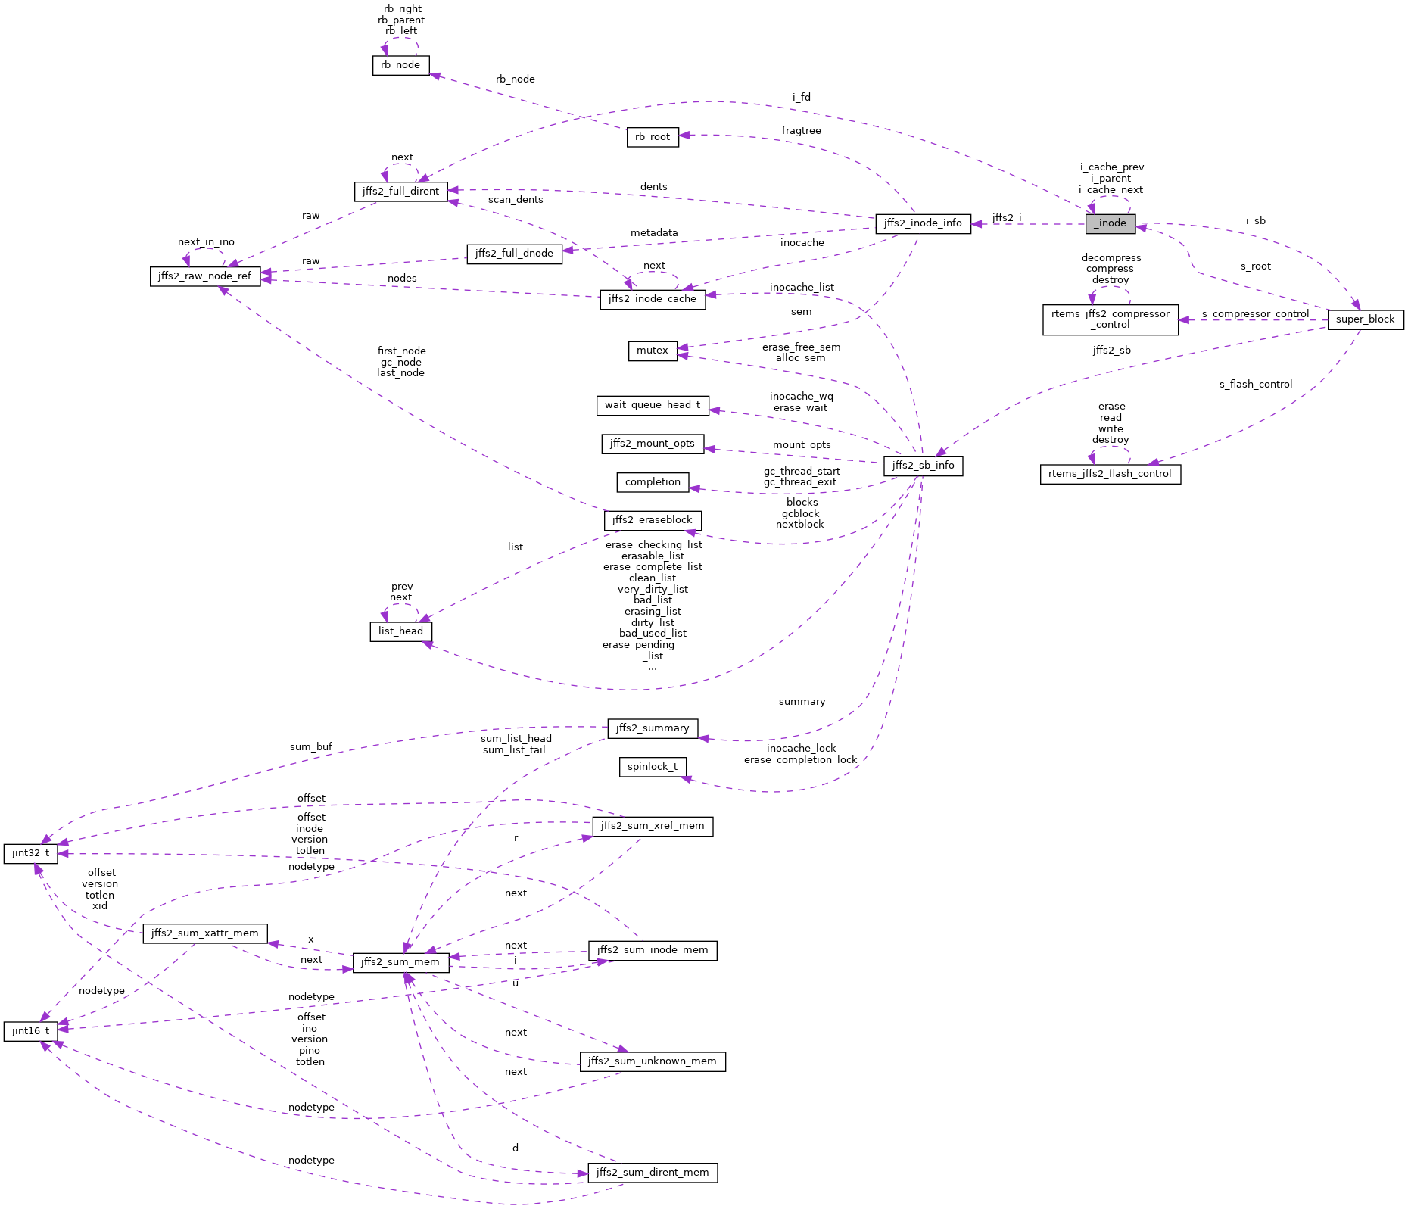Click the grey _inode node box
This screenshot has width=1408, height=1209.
(1111, 223)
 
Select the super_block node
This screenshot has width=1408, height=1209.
(1365, 319)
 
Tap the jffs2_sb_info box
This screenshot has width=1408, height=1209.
(923, 466)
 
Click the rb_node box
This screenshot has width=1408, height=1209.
(400, 65)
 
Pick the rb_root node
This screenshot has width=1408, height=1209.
(653, 137)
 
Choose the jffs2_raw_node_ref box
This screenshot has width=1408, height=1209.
(205, 276)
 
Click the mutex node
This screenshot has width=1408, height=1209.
(653, 351)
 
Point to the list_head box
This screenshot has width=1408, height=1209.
(400, 631)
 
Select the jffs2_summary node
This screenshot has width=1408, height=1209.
(653, 728)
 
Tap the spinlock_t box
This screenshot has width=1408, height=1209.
(653, 767)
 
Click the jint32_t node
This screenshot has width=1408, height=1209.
(30, 853)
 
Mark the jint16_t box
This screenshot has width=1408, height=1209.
(30, 1031)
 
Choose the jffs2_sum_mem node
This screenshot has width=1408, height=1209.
(400, 962)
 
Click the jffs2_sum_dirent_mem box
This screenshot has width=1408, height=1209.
(653, 1173)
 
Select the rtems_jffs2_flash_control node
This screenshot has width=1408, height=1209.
(1111, 474)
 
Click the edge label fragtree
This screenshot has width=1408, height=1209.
(801, 131)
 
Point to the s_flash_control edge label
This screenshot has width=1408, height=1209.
(1255, 385)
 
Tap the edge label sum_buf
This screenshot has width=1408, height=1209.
(310, 747)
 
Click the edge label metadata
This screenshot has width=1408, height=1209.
(654, 233)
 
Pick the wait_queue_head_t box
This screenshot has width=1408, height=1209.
(653, 405)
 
